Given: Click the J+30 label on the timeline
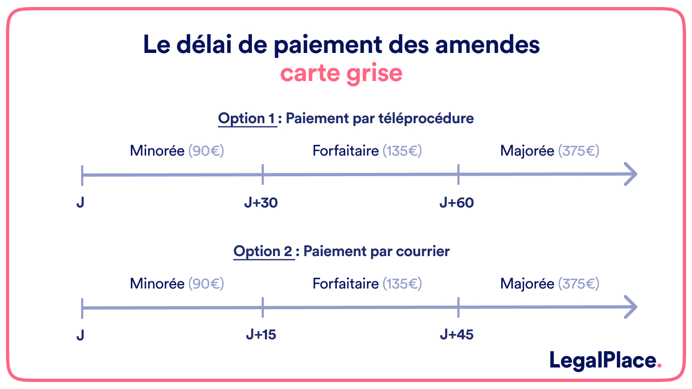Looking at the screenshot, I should click(261, 203).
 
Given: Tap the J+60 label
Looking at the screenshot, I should click(457, 203).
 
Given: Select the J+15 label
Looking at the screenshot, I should click(261, 335).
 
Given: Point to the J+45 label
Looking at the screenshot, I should click(457, 335).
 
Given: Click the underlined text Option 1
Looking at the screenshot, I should click(247, 118).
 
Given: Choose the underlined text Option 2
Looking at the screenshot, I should click(263, 251).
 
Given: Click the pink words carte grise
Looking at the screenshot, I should click(341, 73).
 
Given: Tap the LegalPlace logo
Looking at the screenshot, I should click(605, 360).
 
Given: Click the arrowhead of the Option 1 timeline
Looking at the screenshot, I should click(631, 174).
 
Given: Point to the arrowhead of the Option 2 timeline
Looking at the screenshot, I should click(631, 307).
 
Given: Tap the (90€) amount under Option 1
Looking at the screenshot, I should click(206, 151).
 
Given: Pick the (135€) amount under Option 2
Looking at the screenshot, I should click(402, 284).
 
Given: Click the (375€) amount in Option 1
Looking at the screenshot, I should click(579, 151).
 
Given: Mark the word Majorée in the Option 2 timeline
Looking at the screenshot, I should click(528, 284).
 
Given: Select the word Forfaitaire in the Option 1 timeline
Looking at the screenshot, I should click(345, 151).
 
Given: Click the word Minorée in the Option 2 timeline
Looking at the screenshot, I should click(157, 284).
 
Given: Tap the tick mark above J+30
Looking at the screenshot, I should click(263, 174).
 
